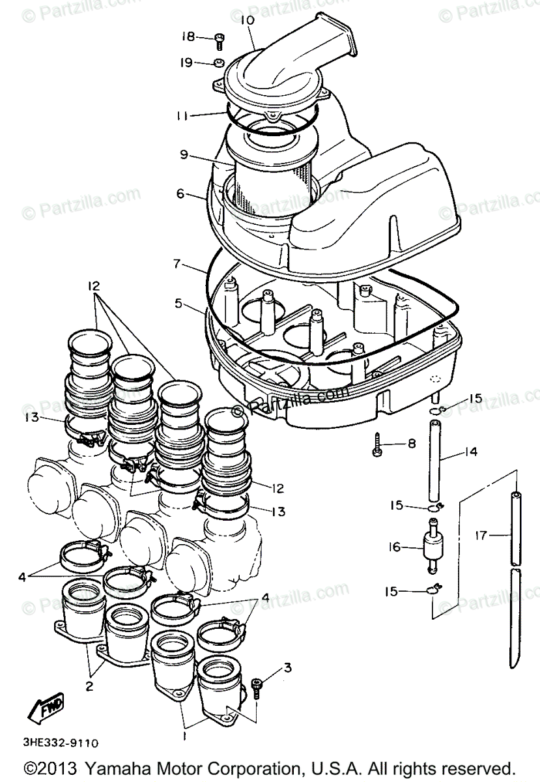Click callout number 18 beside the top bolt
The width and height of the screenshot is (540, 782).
(x=188, y=36)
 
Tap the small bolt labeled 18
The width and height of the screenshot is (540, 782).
(x=220, y=40)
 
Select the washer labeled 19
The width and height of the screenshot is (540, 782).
(x=220, y=63)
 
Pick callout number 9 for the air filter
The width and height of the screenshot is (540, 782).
(x=184, y=155)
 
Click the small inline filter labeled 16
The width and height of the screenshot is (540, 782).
(x=431, y=547)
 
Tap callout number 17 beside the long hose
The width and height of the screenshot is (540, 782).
(x=481, y=536)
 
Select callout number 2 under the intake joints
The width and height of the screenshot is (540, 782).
(x=89, y=686)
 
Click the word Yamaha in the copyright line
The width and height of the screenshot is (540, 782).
(x=113, y=767)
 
